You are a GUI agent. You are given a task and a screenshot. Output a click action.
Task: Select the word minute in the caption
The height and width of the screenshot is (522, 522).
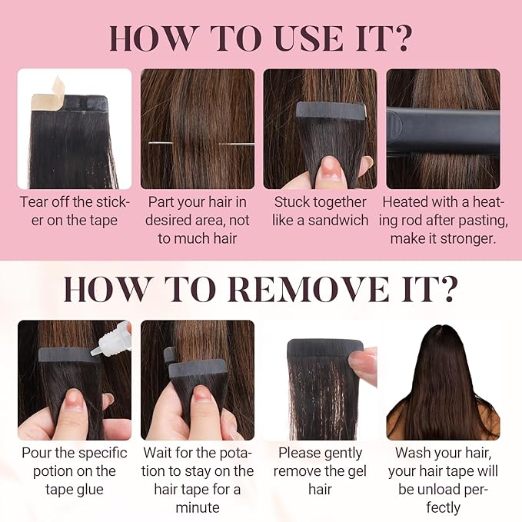pos(198,507)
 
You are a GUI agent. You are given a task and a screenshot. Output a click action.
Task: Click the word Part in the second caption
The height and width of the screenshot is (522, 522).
pos(160,202)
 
